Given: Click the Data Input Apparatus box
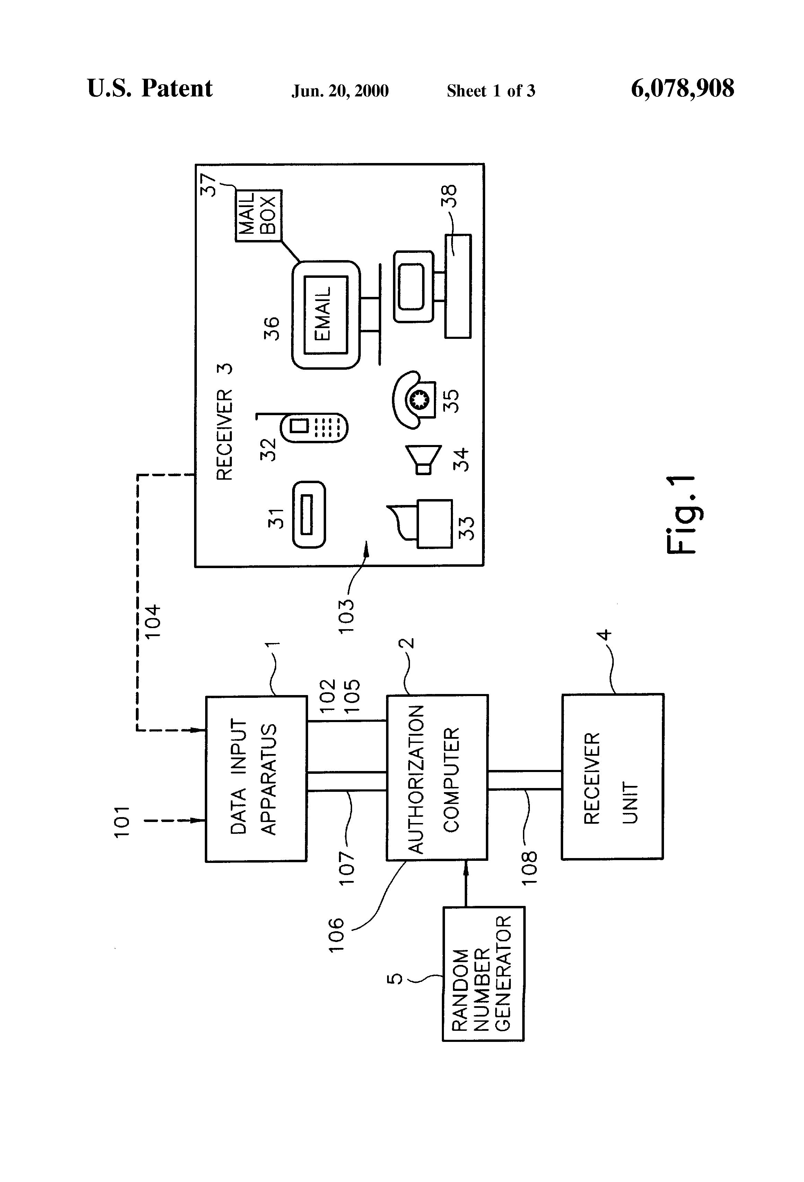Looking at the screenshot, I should click(256, 778).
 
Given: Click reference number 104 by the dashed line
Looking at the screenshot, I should click(152, 622).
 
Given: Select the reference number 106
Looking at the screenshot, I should click(336, 935).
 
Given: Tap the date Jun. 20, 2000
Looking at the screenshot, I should click(340, 91).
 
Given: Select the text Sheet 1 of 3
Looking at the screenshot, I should click(490, 91).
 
